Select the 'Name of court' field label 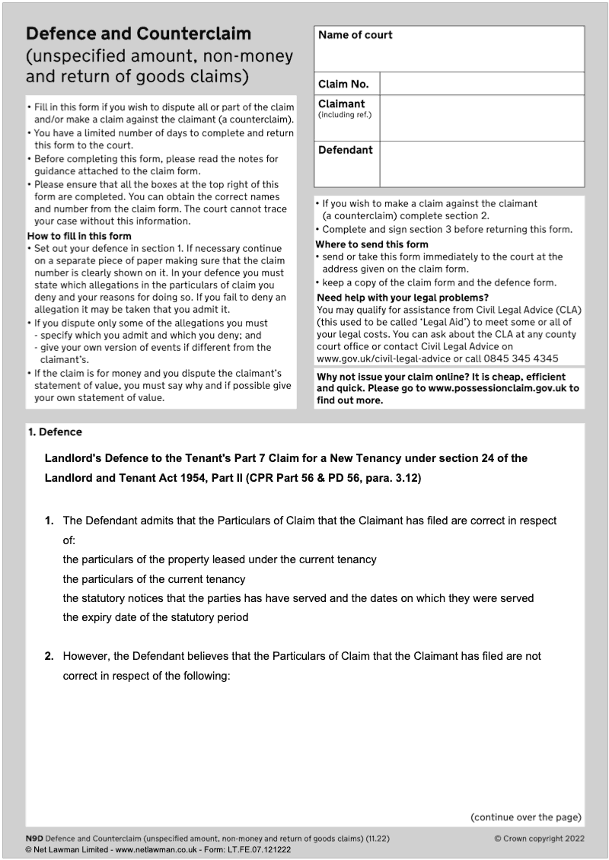(355, 35)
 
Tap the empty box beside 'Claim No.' (481, 84)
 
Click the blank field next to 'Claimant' (481, 118)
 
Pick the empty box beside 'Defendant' (481, 164)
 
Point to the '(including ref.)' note (343, 115)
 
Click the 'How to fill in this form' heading (79, 236)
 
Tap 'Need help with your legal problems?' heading (402, 298)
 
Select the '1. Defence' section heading (55, 432)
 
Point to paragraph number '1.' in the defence (49, 521)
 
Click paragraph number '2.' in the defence (49, 655)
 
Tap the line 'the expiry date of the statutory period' (155, 617)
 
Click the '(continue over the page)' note (526, 817)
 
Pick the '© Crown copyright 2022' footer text (537, 839)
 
